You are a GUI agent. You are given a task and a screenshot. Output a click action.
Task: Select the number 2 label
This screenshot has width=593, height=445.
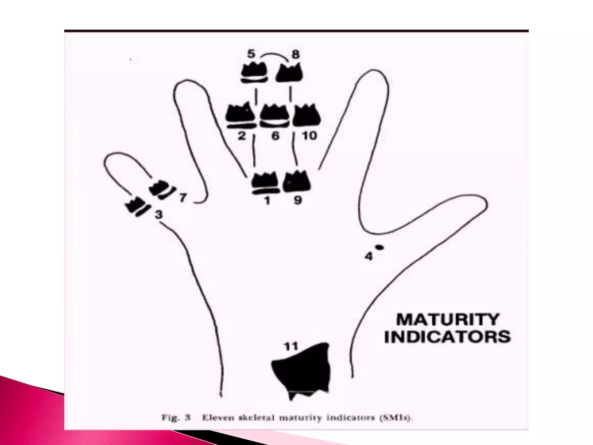click(x=241, y=136)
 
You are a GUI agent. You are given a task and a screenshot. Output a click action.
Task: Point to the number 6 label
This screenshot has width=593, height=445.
click(x=275, y=136)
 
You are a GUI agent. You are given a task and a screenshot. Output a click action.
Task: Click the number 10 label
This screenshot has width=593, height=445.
click(x=310, y=136)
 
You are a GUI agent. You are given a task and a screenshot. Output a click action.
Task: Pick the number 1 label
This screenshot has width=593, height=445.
click(x=267, y=200)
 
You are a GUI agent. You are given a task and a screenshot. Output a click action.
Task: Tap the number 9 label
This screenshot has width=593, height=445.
click(x=297, y=200)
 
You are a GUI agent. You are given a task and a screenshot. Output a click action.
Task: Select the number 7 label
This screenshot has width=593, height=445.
click(x=183, y=198)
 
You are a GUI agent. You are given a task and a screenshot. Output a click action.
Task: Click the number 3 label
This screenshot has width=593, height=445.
click(x=158, y=215)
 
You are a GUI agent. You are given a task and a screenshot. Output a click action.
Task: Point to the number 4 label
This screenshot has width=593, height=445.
click(x=369, y=256)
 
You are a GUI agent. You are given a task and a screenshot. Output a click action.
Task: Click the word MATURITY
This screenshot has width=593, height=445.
click(x=447, y=320)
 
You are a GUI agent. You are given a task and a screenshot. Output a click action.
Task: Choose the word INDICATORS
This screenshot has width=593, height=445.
click(x=447, y=337)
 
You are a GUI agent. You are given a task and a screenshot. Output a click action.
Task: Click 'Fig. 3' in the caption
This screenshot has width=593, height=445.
click(x=175, y=418)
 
